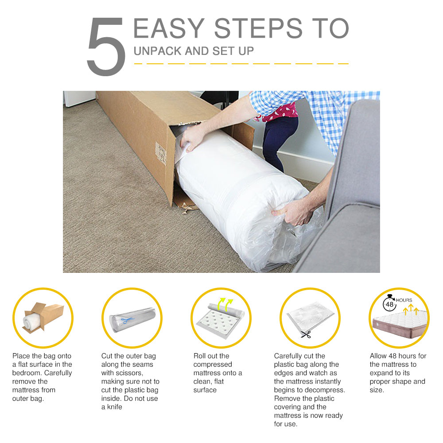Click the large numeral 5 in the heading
106,47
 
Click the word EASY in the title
169,28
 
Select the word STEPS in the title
258,28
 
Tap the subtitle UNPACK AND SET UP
194,51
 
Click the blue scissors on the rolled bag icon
128,320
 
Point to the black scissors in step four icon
306,334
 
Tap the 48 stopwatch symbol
389,303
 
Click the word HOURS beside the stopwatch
404,300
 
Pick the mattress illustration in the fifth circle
399,324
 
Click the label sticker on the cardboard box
161,153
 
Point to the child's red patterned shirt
278,112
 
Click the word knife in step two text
114,407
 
